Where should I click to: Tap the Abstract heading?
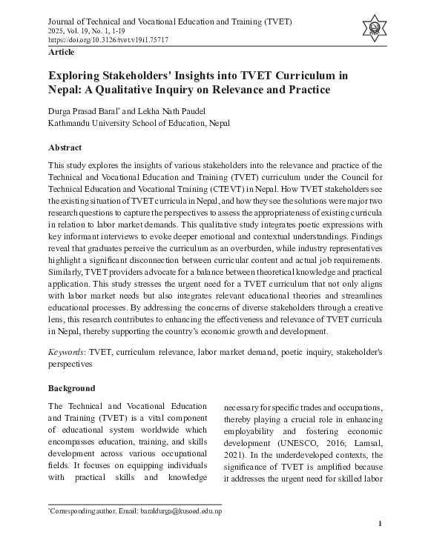[65, 147]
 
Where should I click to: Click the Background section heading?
[71, 388]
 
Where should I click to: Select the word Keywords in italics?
[67, 353]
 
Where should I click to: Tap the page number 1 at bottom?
[380, 525]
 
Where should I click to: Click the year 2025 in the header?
[57, 30]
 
